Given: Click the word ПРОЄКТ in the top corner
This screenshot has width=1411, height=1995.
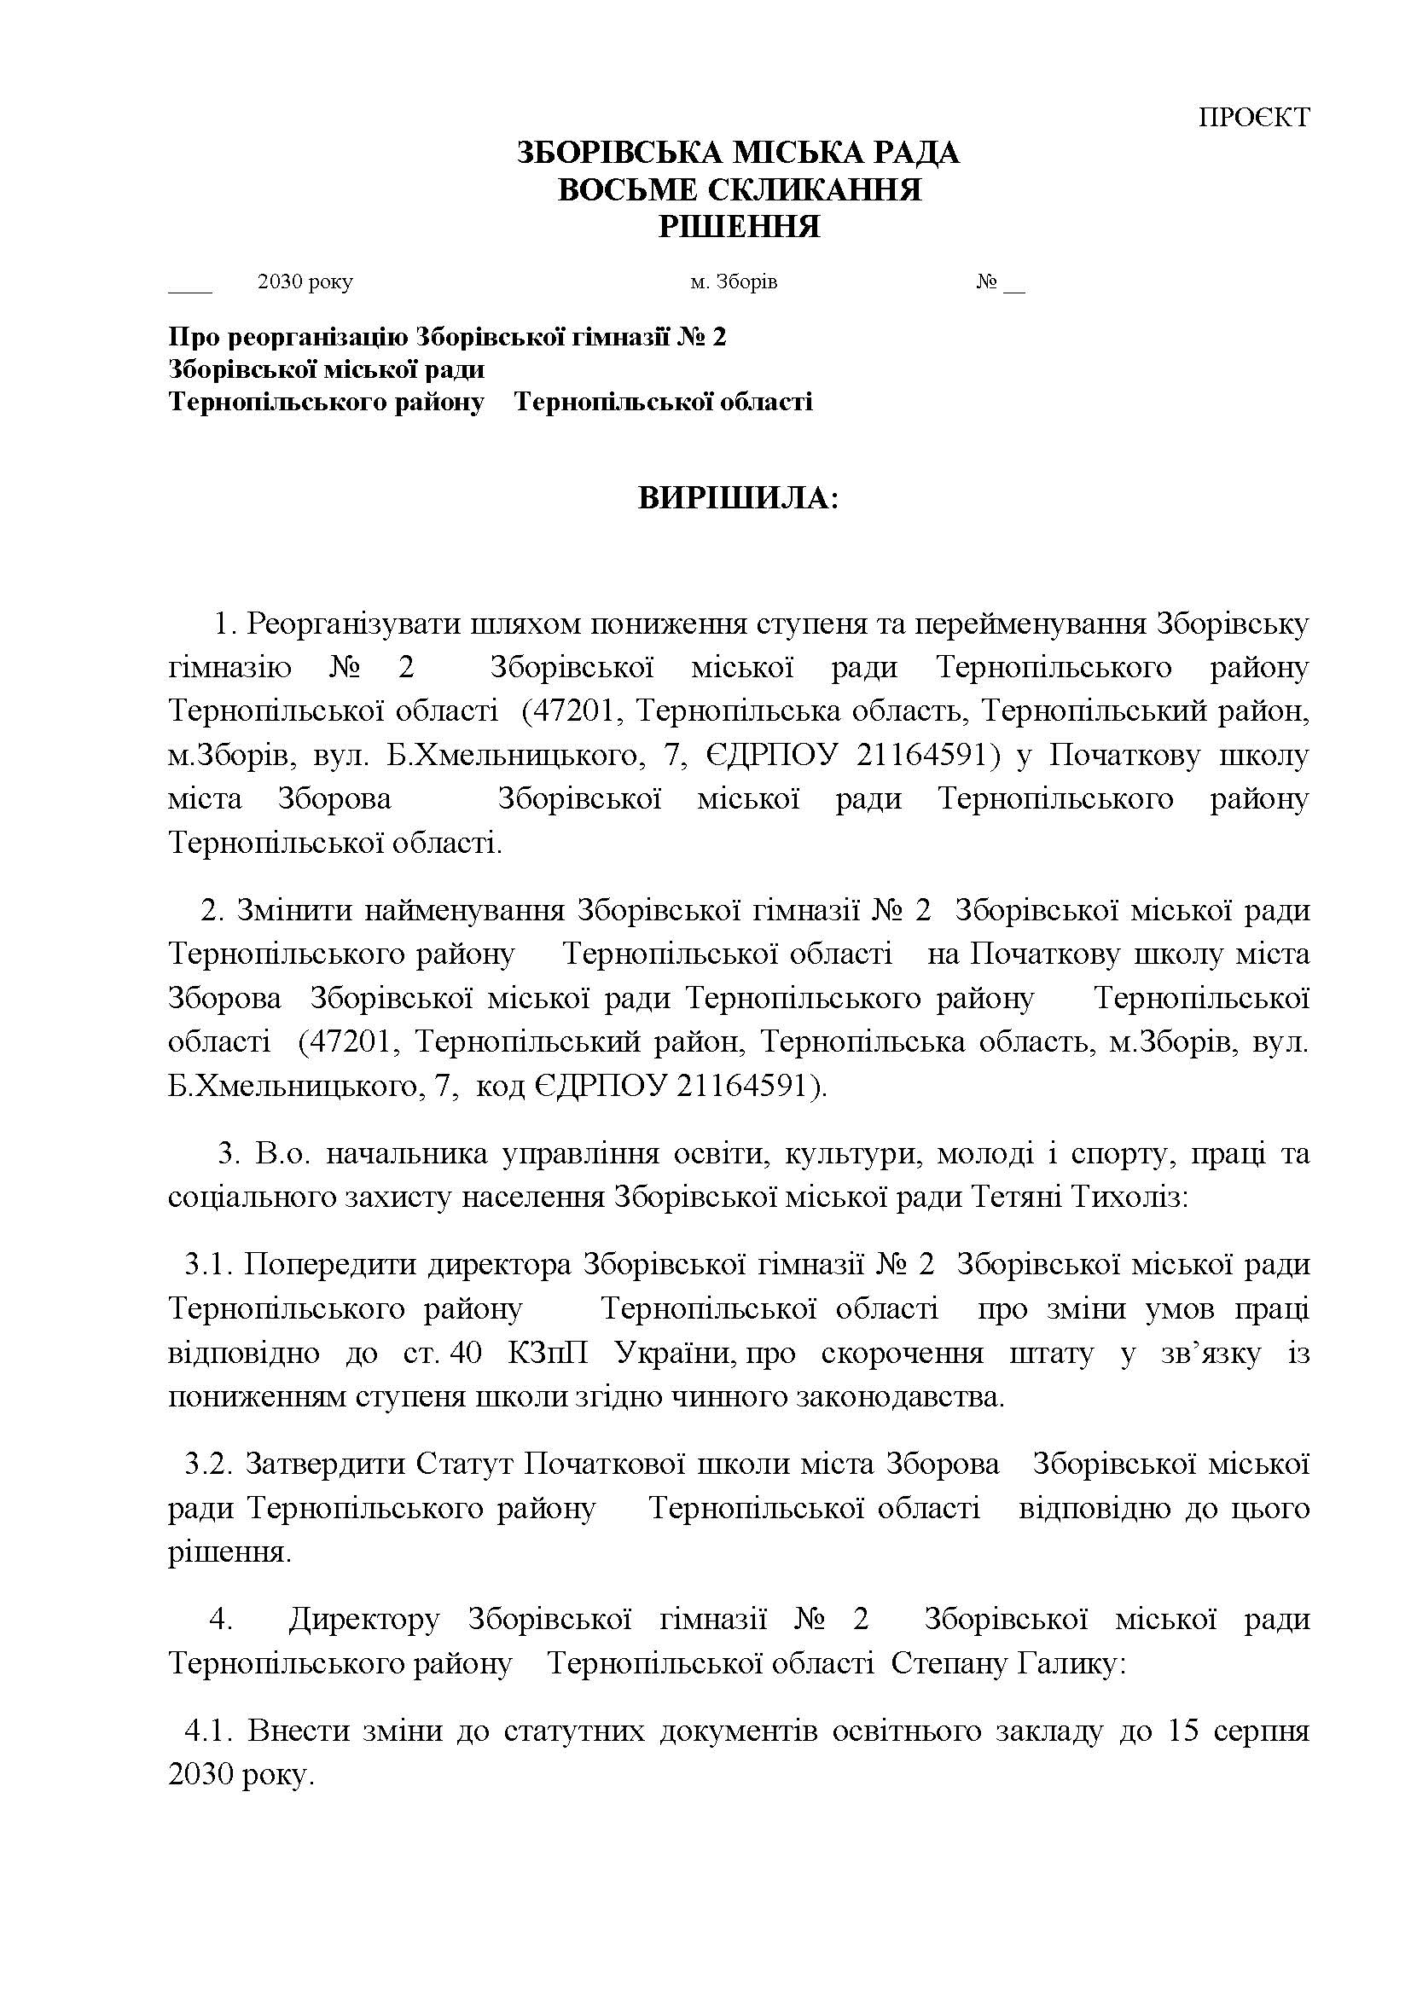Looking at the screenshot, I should (1253, 118).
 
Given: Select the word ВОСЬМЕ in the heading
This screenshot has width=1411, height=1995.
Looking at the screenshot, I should (621, 189).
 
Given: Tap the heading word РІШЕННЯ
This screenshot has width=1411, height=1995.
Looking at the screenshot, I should (739, 227).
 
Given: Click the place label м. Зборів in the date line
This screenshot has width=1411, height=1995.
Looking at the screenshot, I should (734, 282).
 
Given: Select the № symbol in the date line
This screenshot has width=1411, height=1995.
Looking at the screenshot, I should (985, 282).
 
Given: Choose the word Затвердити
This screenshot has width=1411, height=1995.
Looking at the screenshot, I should (324, 1465).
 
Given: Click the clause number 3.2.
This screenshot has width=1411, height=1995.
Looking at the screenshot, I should (207, 1465).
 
